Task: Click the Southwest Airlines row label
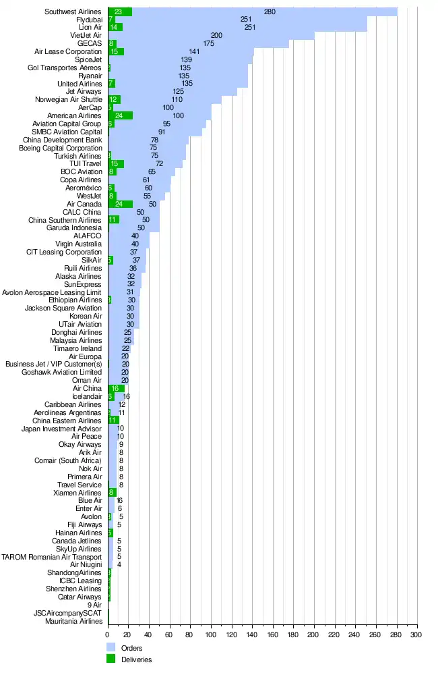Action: click(x=73, y=11)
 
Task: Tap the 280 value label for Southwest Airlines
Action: click(x=270, y=11)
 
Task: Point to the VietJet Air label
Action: click(x=86, y=35)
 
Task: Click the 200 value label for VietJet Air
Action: click(x=216, y=35)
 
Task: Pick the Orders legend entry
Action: click(x=131, y=649)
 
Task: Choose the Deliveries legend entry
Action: click(x=135, y=659)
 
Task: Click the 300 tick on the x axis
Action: click(x=417, y=634)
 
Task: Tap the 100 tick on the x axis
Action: click(x=211, y=634)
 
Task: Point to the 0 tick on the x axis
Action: click(x=108, y=634)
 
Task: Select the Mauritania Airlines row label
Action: click(x=73, y=621)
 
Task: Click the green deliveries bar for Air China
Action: click(x=116, y=388)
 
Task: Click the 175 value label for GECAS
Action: click(x=208, y=43)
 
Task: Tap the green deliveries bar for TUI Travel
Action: click(x=115, y=164)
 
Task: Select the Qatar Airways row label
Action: click(x=80, y=597)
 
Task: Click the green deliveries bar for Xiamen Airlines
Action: click(x=112, y=493)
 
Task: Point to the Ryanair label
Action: click(x=90, y=76)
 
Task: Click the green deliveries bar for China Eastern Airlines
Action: click(x=113, y=421)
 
